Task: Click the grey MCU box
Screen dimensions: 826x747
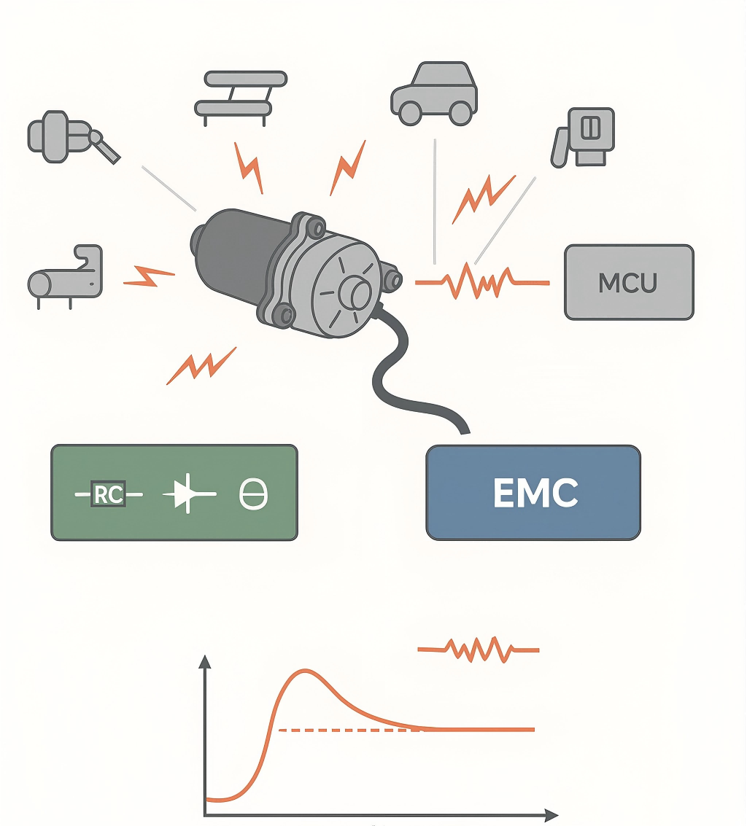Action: pos(629,282)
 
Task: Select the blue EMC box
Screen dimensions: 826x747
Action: pos(533,493)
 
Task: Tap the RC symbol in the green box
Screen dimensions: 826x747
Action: pos(108,494)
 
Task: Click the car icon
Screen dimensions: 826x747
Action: pos(433,93)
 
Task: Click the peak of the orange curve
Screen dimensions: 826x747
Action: pos(306,670)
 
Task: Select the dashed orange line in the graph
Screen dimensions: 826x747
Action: pos(350,730)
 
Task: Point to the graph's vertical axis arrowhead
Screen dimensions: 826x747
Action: pos(205,661)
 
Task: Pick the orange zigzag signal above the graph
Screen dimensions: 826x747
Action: pos(479,648)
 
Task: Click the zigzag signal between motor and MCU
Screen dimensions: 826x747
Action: pos(481,281)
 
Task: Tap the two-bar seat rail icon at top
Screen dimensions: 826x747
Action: pos(241,93)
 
